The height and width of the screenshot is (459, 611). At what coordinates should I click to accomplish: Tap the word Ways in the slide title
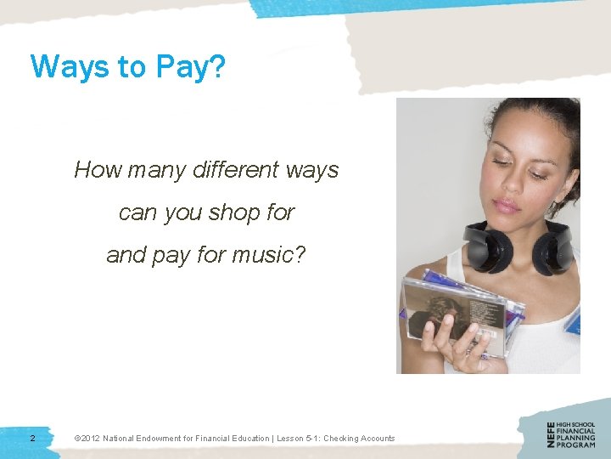click(x=64, y=66)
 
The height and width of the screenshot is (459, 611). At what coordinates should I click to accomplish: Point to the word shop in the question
click(x=233, y=212)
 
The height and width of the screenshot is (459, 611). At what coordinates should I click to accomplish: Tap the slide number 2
click(x=32, y=439)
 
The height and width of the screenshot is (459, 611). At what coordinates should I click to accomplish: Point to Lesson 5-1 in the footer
click(x=294, y=439)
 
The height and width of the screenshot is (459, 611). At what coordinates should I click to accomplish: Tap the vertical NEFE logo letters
click(x=551, y=434)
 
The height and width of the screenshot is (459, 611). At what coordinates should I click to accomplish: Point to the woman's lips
click(x=507, y=205)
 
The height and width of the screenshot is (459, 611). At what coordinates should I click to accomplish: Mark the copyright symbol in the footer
click(x=77, y=439)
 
